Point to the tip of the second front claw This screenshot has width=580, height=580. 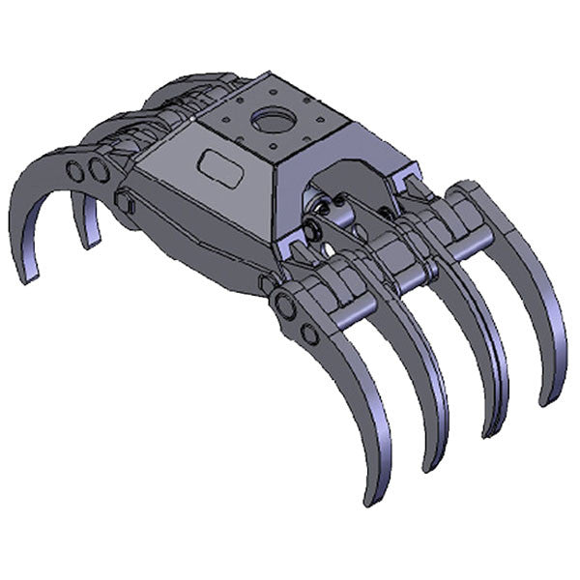pos(427,468)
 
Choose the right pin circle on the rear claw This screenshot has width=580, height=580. pos(98,171)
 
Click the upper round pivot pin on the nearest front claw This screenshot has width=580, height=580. pos(287,306)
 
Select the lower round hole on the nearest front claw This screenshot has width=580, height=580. pos(308,334)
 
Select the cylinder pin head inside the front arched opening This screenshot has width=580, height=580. pos(316,229)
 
